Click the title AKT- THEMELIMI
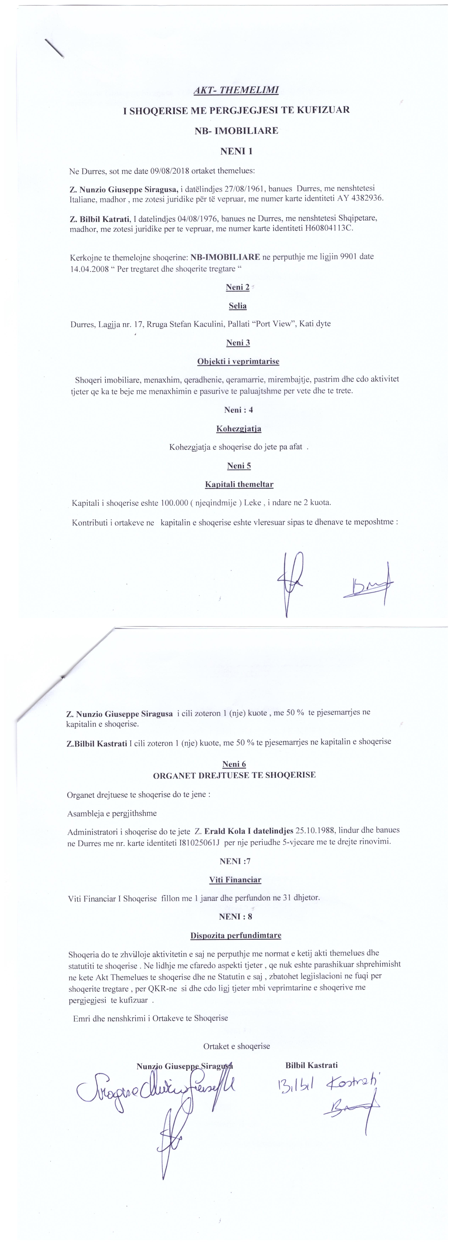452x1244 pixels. (x=236, y=90)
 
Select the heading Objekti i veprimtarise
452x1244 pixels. (x=238, y=361)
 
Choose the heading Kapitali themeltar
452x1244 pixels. (x=239, y=484)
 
